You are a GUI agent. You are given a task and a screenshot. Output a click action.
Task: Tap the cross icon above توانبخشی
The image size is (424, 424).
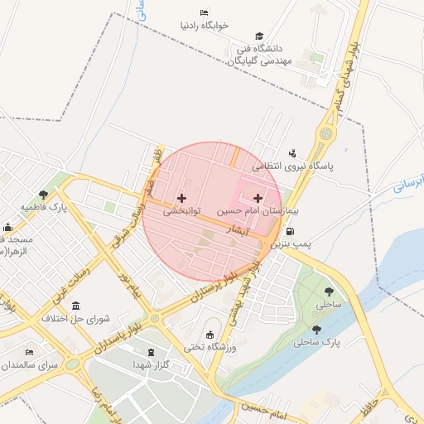[x=181, y=198]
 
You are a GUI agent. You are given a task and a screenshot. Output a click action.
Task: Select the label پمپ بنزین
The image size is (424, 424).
[x=294, y=244]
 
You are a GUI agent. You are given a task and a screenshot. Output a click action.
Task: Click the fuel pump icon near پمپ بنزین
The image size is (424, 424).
[x=311, y=233]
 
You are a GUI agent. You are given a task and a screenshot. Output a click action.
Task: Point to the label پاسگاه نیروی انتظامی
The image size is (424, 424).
[x=291, y=166]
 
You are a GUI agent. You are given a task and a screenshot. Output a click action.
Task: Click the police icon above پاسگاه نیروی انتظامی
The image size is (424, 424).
[x=291, y=152]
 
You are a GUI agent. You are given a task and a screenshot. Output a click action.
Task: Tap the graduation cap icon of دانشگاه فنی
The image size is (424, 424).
[x=260, y=36]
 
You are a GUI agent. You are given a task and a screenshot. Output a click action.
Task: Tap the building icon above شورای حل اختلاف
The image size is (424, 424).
[x=76, y=305]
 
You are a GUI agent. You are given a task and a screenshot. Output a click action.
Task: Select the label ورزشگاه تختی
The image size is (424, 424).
[x=210, y=348]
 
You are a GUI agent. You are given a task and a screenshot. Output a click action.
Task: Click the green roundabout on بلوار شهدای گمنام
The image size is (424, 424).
[x=325, y=132]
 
